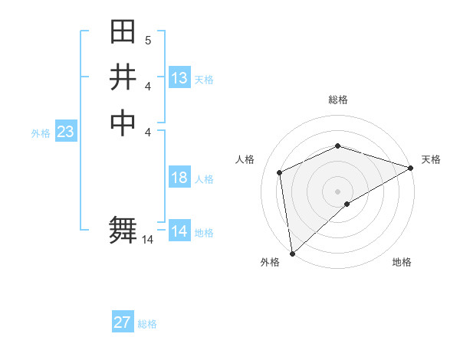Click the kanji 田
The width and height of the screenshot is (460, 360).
[x=123, y=33]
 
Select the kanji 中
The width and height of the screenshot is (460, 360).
[x=123, y=123]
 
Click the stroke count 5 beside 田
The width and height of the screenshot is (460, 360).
[x=148, y=41]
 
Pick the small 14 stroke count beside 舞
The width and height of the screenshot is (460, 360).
[x=148, y=240]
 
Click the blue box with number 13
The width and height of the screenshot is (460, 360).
[x=179, y=78]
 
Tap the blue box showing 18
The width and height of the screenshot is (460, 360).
[x=179, y=178]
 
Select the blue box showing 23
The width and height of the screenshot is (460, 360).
[x=66, y=133]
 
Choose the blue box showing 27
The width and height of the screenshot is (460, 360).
[x=123, y=322]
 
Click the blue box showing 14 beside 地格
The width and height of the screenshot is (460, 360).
[x=179, y=231]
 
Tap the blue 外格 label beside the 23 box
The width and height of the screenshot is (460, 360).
[x=41, y=133]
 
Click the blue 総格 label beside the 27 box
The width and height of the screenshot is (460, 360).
[x=147, y=324]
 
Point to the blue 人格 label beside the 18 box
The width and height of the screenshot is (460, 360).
[x=204, y=179]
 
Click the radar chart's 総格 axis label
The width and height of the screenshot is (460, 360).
[x=338, y=100]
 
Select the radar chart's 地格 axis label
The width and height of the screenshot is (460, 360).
[x=402, y=263]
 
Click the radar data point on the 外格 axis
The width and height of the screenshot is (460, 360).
[x=292, y=254]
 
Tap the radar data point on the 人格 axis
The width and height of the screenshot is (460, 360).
[x=280, y=172]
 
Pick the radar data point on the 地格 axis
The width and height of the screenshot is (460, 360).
[x=347, y=204]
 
